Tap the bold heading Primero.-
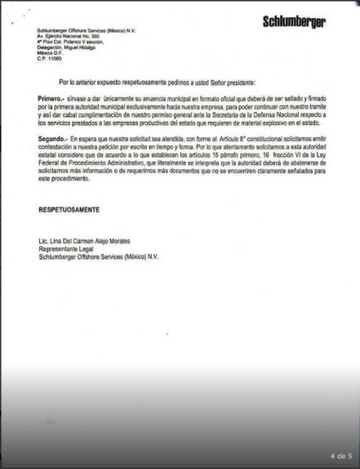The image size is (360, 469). point(53,119)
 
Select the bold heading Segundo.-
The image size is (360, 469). point(55,165)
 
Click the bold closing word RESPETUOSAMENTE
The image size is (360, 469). point(69,211)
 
